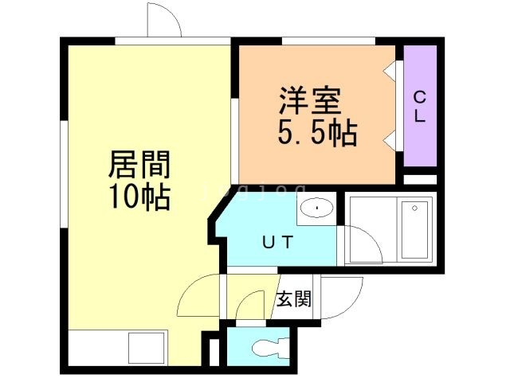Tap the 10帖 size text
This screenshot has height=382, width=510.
coord(139,195)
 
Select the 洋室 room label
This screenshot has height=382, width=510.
coord(310,101)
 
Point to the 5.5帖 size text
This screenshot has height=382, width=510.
coord(316,132)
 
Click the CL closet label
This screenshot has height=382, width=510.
coord(419,105)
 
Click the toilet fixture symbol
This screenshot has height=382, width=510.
coord(267,347)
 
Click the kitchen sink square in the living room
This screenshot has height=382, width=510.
coord(145,349)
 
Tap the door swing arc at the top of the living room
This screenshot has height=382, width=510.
coord(165,21)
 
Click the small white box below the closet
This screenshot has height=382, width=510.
coord(420,179)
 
